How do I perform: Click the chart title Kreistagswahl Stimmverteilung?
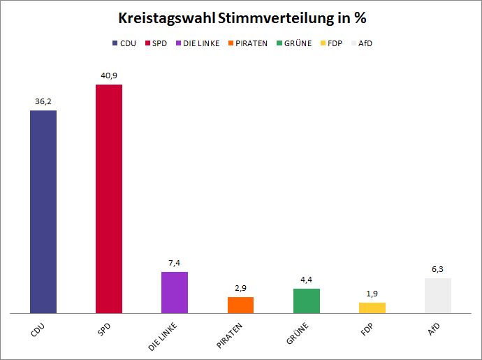(x=241, y=18)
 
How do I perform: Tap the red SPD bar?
(x=109, y=199)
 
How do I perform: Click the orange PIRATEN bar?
(x=241, y=305)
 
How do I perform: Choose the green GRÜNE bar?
(x=307, y=301)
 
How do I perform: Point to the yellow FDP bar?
(x=372, y=308)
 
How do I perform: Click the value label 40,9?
(x=109, y=75)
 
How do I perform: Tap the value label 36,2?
(x=43, y=101)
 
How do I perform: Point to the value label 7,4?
(x=175, y=263)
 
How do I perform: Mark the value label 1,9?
(x=372, y=294)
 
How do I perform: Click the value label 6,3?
(x=438, y=269)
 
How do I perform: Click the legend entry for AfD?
(x=365, y=43)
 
